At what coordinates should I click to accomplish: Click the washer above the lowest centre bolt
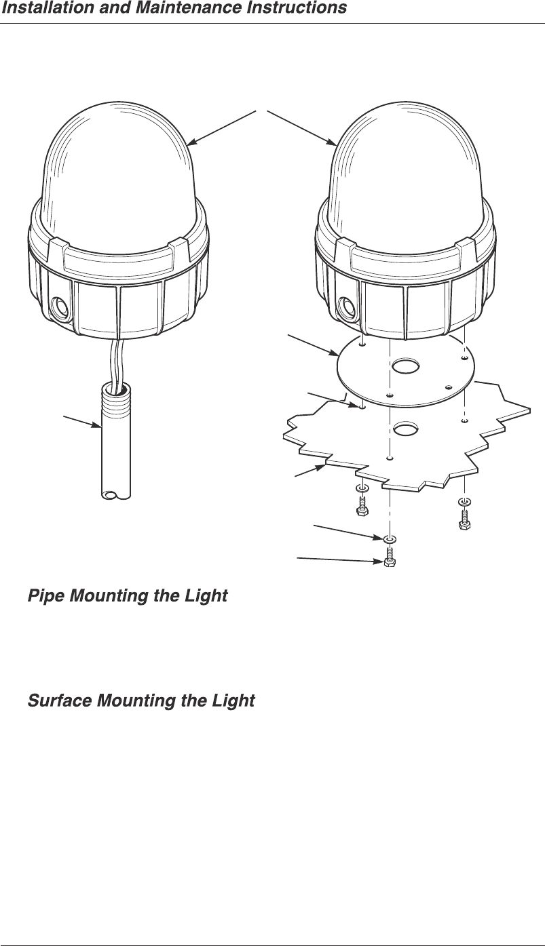tap(390, 538)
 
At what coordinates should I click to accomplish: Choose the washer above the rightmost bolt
tap(465, 501)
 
